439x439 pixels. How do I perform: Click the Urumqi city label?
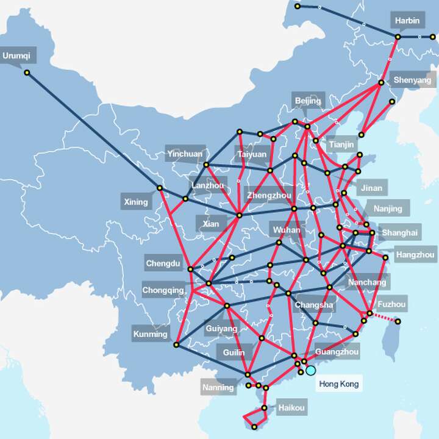16,56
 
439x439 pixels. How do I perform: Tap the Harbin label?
407,20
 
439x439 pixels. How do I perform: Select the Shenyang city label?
412,80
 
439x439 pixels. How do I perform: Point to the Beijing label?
308,101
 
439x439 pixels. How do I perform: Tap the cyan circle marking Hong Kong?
311,370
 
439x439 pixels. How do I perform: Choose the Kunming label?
150,334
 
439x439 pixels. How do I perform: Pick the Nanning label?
218,387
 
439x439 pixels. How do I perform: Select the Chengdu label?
163,264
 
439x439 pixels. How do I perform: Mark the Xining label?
136,202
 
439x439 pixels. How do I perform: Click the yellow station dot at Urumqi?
27,73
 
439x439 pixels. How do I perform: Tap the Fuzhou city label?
392,303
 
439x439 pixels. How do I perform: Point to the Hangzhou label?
415,254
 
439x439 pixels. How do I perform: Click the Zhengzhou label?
269,196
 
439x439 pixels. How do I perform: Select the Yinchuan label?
185,154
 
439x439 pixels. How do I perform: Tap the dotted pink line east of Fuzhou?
384,317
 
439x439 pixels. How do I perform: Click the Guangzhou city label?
337,352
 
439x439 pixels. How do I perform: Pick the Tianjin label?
340,145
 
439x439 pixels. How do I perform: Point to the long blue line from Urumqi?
91,129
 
